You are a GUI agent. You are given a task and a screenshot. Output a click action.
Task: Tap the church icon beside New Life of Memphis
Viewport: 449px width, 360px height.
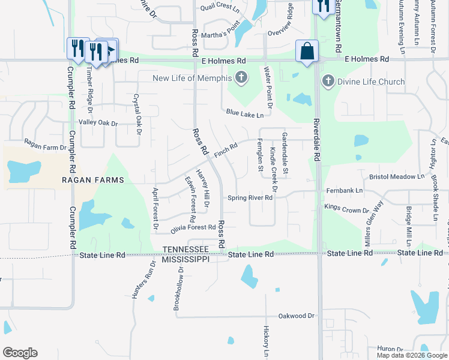241,78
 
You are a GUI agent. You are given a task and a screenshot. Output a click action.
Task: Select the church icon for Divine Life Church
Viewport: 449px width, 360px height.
328,81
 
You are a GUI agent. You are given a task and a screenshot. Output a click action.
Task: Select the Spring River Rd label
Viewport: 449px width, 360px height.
250,199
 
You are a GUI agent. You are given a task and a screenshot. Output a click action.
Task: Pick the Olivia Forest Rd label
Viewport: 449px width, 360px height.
193,228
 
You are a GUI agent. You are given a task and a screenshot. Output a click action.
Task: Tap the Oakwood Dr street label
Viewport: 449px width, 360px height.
297,316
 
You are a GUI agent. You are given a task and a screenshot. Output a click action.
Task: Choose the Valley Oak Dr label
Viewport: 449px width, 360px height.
99,122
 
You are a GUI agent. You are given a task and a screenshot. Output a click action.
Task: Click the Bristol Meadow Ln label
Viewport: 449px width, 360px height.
397,177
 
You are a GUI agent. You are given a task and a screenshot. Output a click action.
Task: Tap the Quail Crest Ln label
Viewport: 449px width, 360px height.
220,6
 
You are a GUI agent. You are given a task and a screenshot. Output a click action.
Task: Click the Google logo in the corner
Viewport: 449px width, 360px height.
20,353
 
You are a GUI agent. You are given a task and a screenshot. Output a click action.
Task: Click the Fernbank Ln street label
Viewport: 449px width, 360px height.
345,191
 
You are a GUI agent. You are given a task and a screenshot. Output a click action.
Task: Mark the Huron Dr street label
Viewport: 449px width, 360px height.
390,349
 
